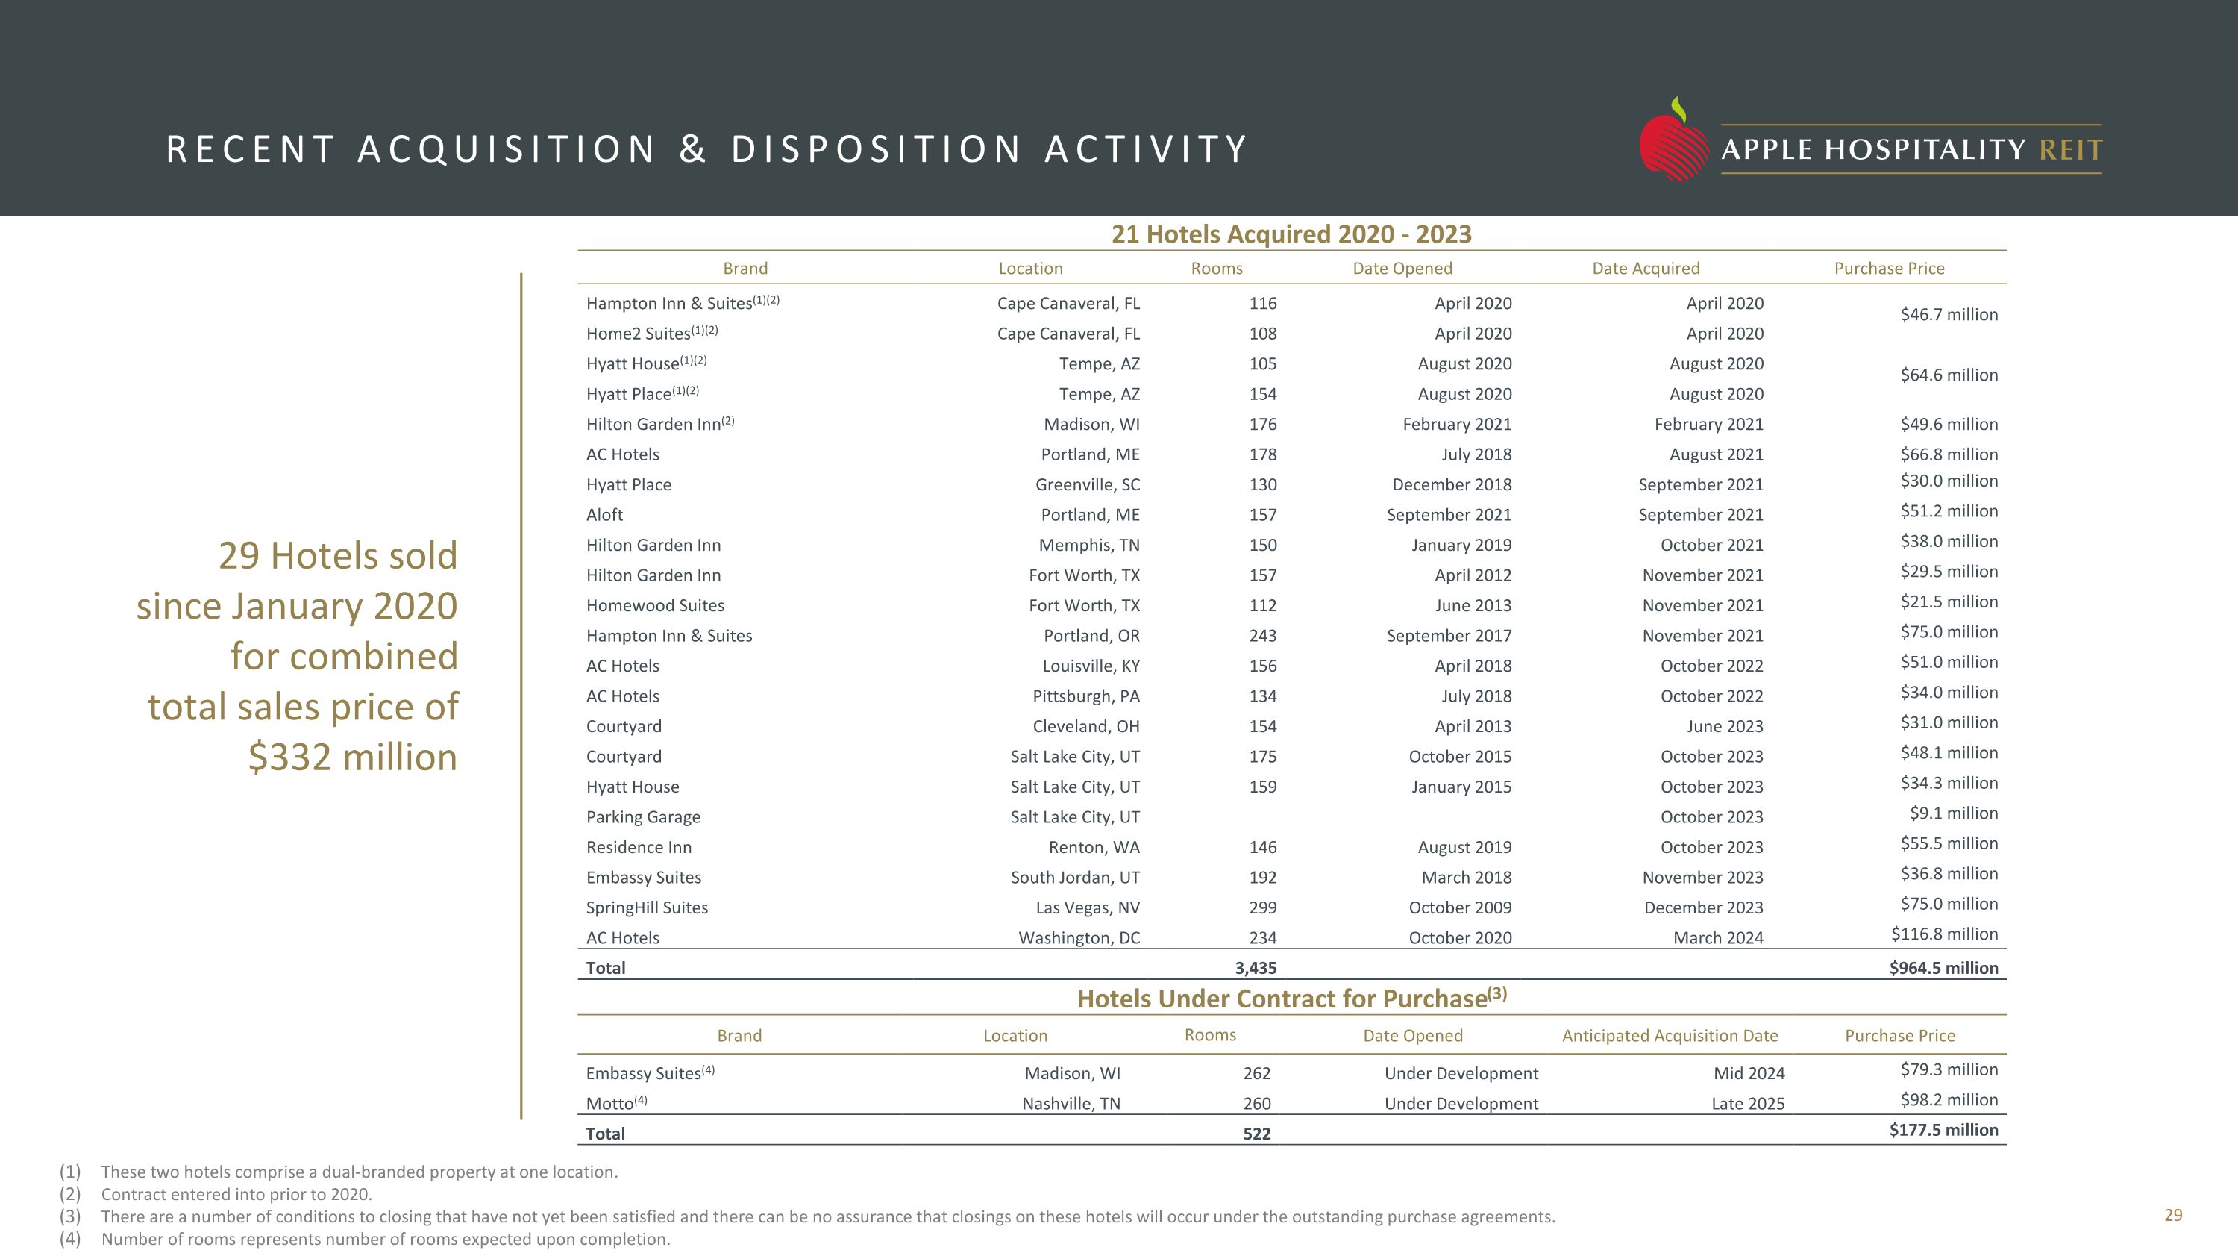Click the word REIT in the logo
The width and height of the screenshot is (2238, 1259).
click(x=2070, y=150)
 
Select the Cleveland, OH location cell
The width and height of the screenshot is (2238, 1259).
click(x=1085, y=726)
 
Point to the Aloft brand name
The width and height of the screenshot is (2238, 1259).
click(x=605, y=515)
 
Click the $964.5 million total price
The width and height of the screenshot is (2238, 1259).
click(x=1943, y=968)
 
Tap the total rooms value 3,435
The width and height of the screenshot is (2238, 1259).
click(x=1256, y=968)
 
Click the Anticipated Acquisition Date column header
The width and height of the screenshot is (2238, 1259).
click(x=1669, y=1036)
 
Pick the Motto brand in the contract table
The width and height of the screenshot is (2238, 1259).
click(x=610, y=1104)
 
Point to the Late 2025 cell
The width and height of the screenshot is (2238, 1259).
click(x=1747, y=1104)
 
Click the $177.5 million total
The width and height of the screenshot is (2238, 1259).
click(x=1943, y=1131)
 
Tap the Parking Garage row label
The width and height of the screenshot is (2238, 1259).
click(x=643, y=816)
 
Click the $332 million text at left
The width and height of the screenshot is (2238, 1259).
click(x=352, y=757)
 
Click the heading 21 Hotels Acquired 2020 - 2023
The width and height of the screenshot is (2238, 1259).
click(x=1291, y=234)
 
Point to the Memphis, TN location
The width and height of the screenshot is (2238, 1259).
click(x=1088, y=546)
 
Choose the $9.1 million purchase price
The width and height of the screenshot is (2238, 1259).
click(x=1953, y=813)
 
